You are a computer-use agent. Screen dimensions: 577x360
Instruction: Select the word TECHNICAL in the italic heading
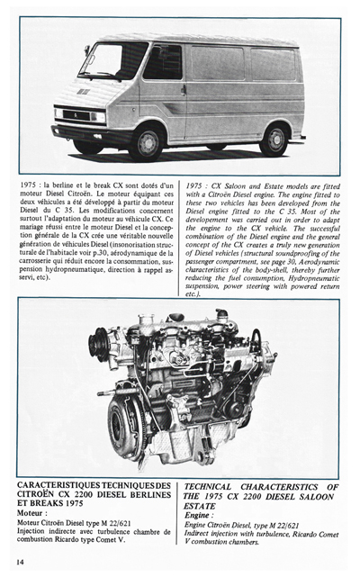click(x=221, y=486)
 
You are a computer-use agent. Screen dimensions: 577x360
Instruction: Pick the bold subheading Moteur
click(x=33, y=512)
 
